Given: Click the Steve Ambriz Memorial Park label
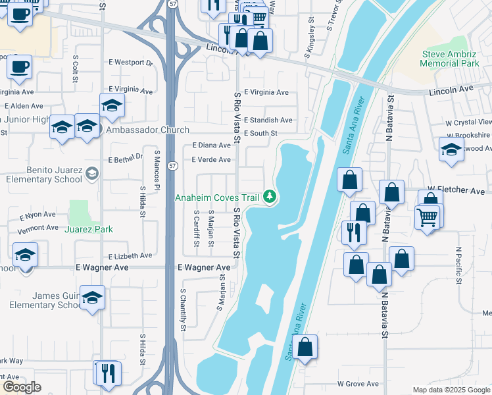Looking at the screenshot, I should point(451,59).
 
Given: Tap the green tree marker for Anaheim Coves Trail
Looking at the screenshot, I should point(269,197).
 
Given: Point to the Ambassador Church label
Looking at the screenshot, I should point(147,130).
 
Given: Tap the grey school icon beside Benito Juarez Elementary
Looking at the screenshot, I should point(92,174).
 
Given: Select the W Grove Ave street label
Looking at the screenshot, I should point(358,384).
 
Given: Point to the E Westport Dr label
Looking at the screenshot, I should point(132,63).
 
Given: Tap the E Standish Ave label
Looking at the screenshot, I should point(268,120).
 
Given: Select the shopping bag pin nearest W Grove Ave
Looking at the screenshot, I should point(305,348).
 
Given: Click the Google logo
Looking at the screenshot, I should point(21,387).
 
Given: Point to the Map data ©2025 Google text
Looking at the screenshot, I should point(451,390).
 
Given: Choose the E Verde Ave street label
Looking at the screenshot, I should point(211,160).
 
